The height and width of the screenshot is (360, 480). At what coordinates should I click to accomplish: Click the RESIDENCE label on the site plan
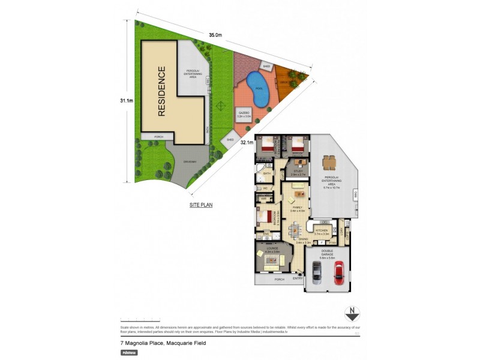click(x=161, y=91)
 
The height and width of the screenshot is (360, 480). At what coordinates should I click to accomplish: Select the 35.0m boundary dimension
click(x=215, y=35)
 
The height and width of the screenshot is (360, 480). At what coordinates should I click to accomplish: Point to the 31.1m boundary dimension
click(x=126, y=101)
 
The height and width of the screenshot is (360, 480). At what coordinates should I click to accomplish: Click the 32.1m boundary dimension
click(x=248, y=143)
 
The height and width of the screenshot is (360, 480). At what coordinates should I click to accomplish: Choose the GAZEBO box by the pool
click(x=243, y=114)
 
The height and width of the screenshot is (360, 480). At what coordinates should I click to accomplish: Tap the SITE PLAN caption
click(x=200, y=205)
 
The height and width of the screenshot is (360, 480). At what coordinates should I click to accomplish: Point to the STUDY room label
click(x=299, y=173)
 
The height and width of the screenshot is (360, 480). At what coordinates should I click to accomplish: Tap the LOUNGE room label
click(x=273, y=250)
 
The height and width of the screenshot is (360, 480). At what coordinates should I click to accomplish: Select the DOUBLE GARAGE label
click(x=326, y=253)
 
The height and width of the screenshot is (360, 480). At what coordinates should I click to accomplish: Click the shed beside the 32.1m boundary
click(x=230, y=140)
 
